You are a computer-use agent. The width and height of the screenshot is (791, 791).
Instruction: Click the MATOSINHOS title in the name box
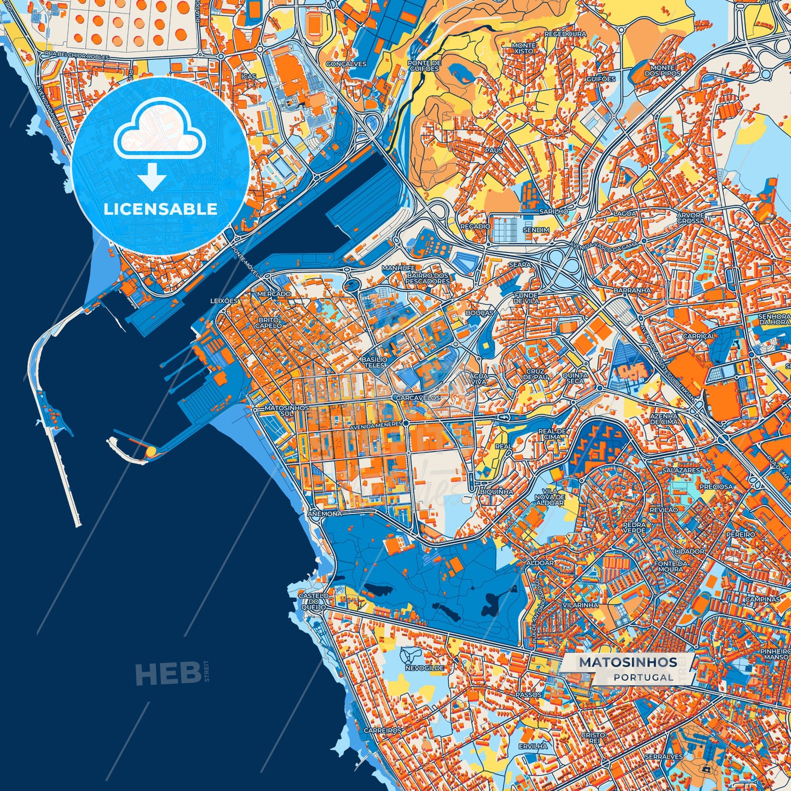pos(628,662)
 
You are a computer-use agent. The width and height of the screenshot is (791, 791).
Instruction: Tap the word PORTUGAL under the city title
pos(643,677)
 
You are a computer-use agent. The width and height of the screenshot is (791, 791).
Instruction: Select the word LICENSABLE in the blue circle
pos(161,209)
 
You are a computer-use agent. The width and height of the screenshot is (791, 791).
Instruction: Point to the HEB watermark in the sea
pos(168,673)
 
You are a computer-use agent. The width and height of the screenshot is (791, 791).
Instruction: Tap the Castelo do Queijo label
pos(314,601)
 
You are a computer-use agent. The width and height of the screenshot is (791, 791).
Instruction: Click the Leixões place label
pos(224,301)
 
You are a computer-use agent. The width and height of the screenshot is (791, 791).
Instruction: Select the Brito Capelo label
pos(270,322)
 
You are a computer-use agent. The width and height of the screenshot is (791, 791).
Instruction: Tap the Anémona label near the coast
pos(325,514)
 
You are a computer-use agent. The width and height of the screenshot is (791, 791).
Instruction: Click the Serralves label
pos(663,757)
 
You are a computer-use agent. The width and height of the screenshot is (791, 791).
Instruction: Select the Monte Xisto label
pos(524,48)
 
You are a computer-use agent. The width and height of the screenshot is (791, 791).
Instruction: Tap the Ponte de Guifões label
pos(424,66)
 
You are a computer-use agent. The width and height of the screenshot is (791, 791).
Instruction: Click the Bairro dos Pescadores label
pos(428,278)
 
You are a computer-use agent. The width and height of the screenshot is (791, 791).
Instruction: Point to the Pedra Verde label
pos(634,527)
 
